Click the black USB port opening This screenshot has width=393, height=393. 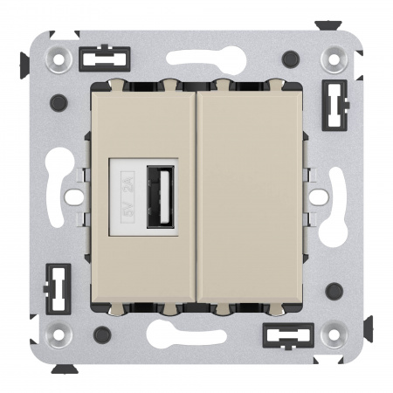pyautogui.click(x=161, y=196)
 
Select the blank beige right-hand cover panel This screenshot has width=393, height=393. pyautogui.click(x=250, y=197)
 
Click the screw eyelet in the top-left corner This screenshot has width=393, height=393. pyautogui.click(x=59, y=59)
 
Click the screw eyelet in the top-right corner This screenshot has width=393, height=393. pyautogui.click(x=334, y=59)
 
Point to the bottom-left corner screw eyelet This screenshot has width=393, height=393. pyautogui.click(x=59, y=334)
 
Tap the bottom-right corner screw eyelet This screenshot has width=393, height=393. pyautogui.click(x=334, y=334)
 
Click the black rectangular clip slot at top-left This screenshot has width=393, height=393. pyautogui.click(x=105, y=59)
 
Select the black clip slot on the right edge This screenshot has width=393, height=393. pyautogui.click(x=335, y=105)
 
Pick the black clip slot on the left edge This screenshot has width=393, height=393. pyautogui.click(x=58, y=289)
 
